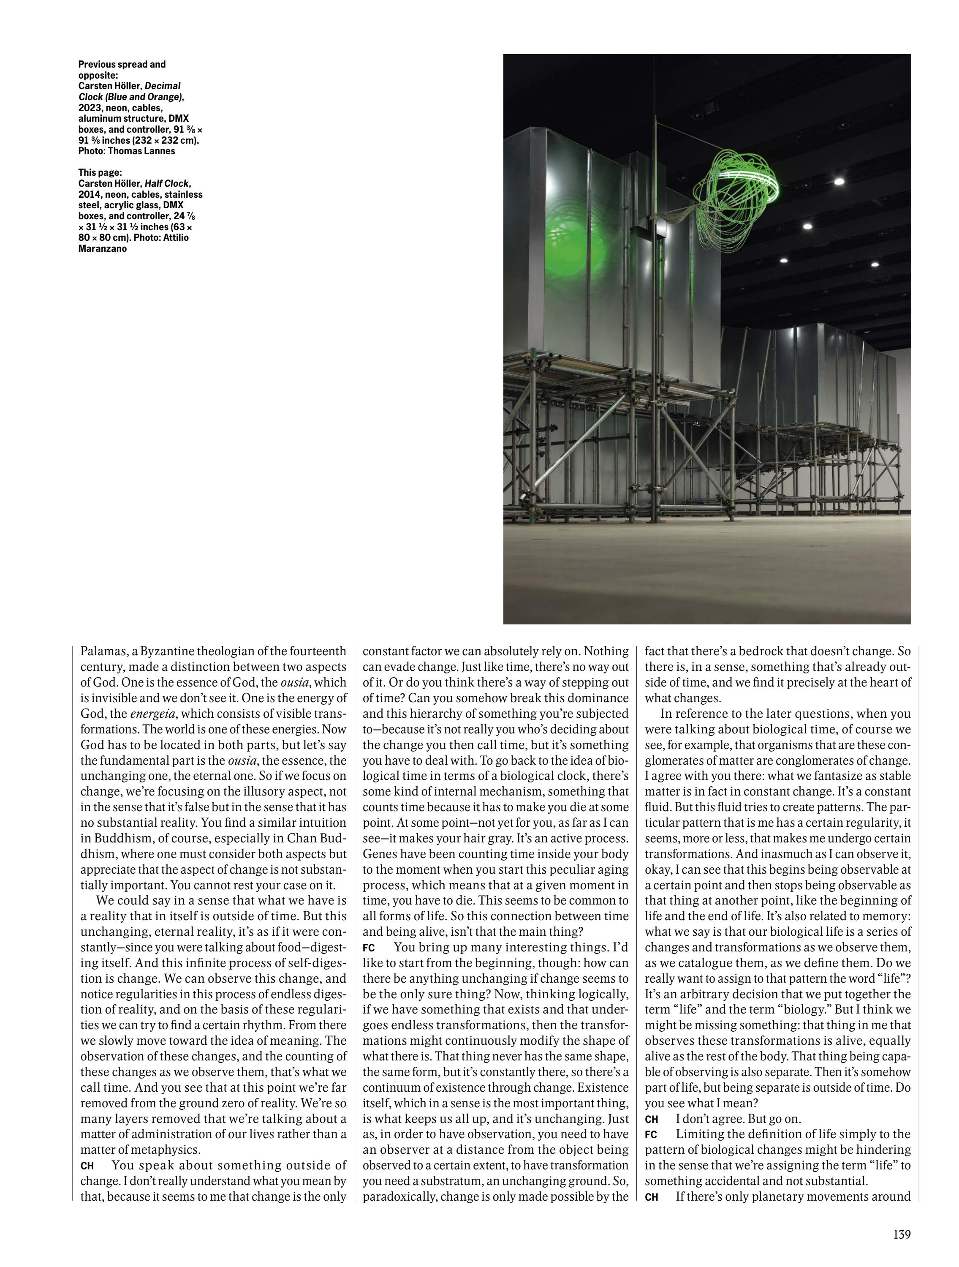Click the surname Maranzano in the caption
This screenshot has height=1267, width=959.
click(x=103, y=248)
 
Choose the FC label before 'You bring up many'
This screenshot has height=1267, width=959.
click(x=369, y=948)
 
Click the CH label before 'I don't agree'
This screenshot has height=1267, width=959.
click(x=652, y=1119)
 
